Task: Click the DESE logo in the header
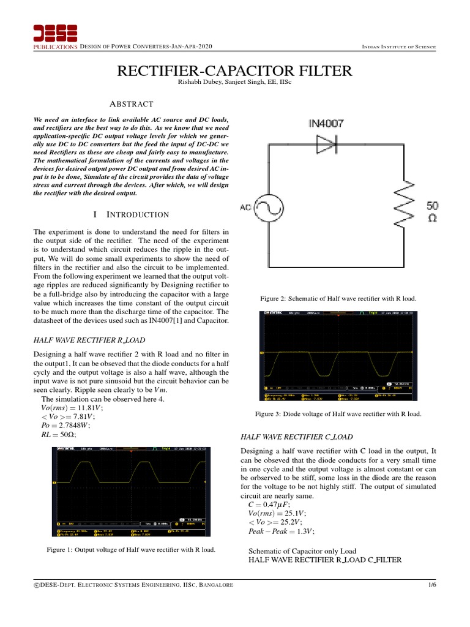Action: pyautogui.click(x=55, y=36)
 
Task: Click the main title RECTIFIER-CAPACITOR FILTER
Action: pyautogui.click(x=234, y=71)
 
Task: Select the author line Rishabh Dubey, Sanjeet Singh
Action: pyautogui.click(x=234, y=83)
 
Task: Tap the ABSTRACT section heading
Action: pyautogui.click(x=130, y=105)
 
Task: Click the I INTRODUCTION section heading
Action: pyautogui.click(x=130, y=215)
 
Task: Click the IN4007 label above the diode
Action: pyautogui.click(x=326, y=124)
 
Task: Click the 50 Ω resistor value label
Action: pyautogui.click(x=432, y=212)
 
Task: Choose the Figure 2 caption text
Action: pyautogui.click(x=338, y=299)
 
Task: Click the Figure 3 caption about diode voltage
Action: pyautogui.click(x=338, y=415)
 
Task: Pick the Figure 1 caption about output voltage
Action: pyautogui.click(x=131, y=550)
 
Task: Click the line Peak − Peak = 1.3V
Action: pyautogui.click(x=282, y=531)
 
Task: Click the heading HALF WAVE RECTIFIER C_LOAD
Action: pyautogui.click(x=298, y=437)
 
